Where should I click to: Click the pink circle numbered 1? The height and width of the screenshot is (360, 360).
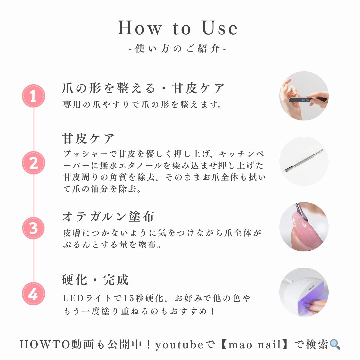[33, 96]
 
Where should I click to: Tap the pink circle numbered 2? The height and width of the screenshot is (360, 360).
[33, 163]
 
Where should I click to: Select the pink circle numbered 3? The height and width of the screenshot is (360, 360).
[33, 228]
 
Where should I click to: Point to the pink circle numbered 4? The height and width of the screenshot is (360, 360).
[33, 294]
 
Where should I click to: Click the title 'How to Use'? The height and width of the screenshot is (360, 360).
[178, 28]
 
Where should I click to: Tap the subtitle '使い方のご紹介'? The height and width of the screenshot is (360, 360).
[178, 49]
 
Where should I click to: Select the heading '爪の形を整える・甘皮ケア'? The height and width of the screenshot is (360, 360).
[144, 89]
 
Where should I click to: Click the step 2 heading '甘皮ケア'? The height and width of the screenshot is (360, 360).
[88, 138]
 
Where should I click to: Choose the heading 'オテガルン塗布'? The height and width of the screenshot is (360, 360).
[108, 217]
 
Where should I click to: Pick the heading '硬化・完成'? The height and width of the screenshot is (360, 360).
[95, 280]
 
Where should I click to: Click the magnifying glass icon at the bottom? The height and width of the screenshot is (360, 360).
[335, 344]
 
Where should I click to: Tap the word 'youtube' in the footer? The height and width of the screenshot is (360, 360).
[179, 345]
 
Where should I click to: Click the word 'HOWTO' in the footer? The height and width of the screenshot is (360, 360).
[45, 345]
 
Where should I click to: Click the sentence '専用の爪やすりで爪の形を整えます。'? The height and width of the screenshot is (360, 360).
[143, 105]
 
